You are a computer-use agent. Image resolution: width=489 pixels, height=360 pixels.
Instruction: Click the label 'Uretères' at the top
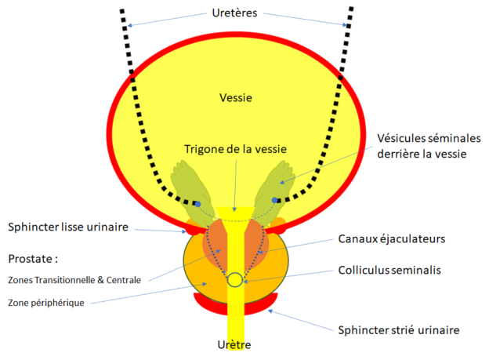(236, 13)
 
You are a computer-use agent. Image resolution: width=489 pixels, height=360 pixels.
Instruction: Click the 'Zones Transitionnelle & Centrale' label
(75, 279)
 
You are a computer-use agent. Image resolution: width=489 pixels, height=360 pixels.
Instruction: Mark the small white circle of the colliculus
(234, 279)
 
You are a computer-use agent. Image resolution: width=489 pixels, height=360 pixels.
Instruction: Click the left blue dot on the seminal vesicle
(197, 204)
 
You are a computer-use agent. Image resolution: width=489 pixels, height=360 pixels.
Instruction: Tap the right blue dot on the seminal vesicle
(275, 201)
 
